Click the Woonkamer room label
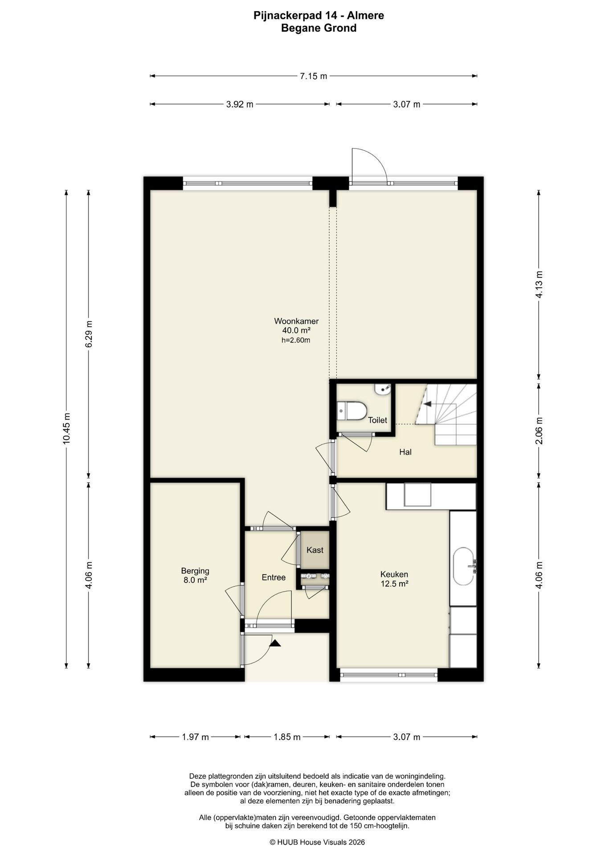[296, 321]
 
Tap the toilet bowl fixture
[352, 410]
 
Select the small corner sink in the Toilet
[383, 389]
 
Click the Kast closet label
[315, 550]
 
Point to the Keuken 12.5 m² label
[394, 579]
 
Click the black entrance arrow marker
[275, 643]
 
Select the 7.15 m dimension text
[313, 76]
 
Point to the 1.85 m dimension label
[287, 737]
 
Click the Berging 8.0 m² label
[195, 575]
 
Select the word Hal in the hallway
[405, 452]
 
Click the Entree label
[274, 577]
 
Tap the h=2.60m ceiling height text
[296, 340]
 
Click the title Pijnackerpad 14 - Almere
[319, 16]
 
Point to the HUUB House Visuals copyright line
[317, 842]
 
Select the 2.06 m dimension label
[539, 431]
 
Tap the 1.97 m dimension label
[196, 737]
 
